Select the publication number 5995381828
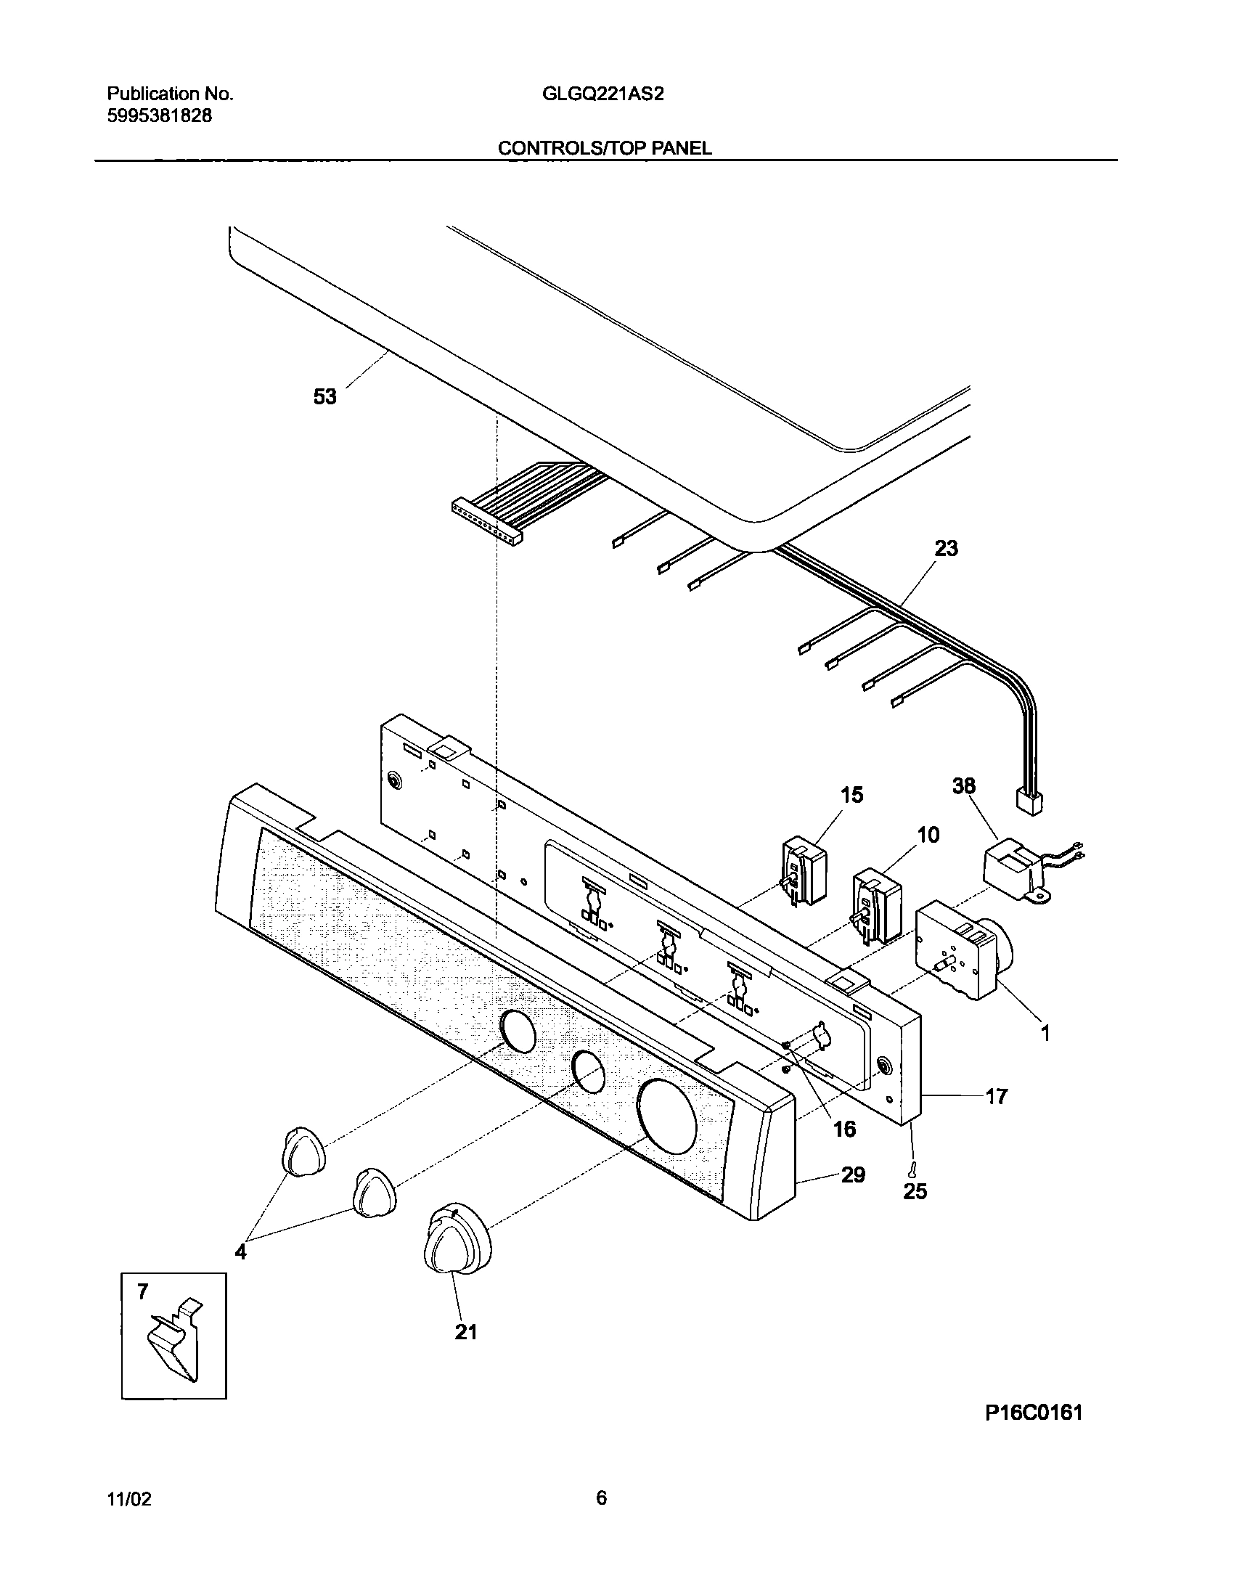[160, 116]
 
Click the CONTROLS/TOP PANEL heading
[604, 149]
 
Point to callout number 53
[325, 397]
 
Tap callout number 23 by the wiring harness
[946, 549]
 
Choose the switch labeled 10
[875, 907]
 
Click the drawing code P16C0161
[1034, 1433]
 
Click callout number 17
[997, 1096]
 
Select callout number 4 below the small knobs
[240, 1252]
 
